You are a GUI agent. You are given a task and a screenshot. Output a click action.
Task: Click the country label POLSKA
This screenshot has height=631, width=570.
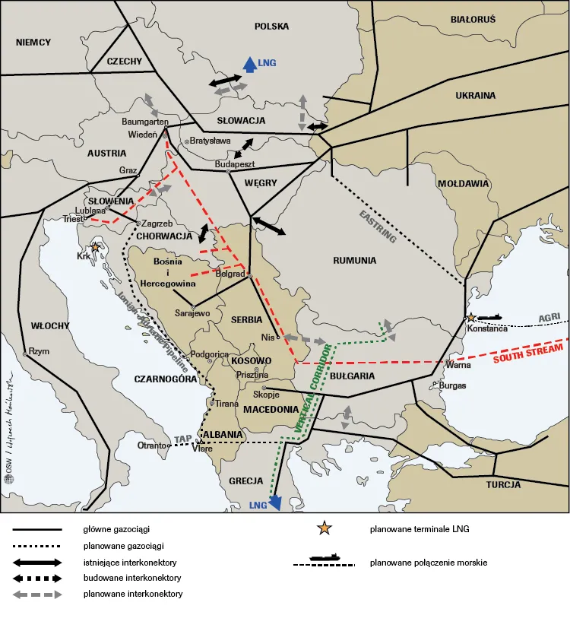[x=271, y=26]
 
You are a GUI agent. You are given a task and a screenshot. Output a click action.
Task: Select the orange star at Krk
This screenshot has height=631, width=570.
[x=96, y=247]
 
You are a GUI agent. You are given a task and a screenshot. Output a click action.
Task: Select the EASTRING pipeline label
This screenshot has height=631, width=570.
[x=378, y=226]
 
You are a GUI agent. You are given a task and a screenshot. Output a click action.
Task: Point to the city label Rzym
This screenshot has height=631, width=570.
[x=39, y=351]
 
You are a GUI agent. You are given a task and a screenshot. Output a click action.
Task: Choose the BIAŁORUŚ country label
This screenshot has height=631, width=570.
[x=472, y=18]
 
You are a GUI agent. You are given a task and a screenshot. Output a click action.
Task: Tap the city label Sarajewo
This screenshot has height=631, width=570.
[x=192, y=312]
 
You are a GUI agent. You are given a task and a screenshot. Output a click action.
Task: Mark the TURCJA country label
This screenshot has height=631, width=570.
[x=504, y=484]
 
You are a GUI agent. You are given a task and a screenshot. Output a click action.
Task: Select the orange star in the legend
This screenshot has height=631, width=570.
[x=325, y=528]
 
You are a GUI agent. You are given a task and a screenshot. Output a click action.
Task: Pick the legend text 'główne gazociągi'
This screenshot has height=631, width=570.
[x=114, y=528]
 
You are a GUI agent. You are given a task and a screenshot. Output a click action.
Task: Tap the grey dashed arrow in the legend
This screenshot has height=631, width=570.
[x=36, y=594]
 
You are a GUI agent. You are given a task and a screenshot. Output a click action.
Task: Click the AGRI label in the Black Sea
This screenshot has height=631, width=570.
[x=549, y=317]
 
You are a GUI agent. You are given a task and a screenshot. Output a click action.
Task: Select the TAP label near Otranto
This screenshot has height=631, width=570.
[x=182, y=439]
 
